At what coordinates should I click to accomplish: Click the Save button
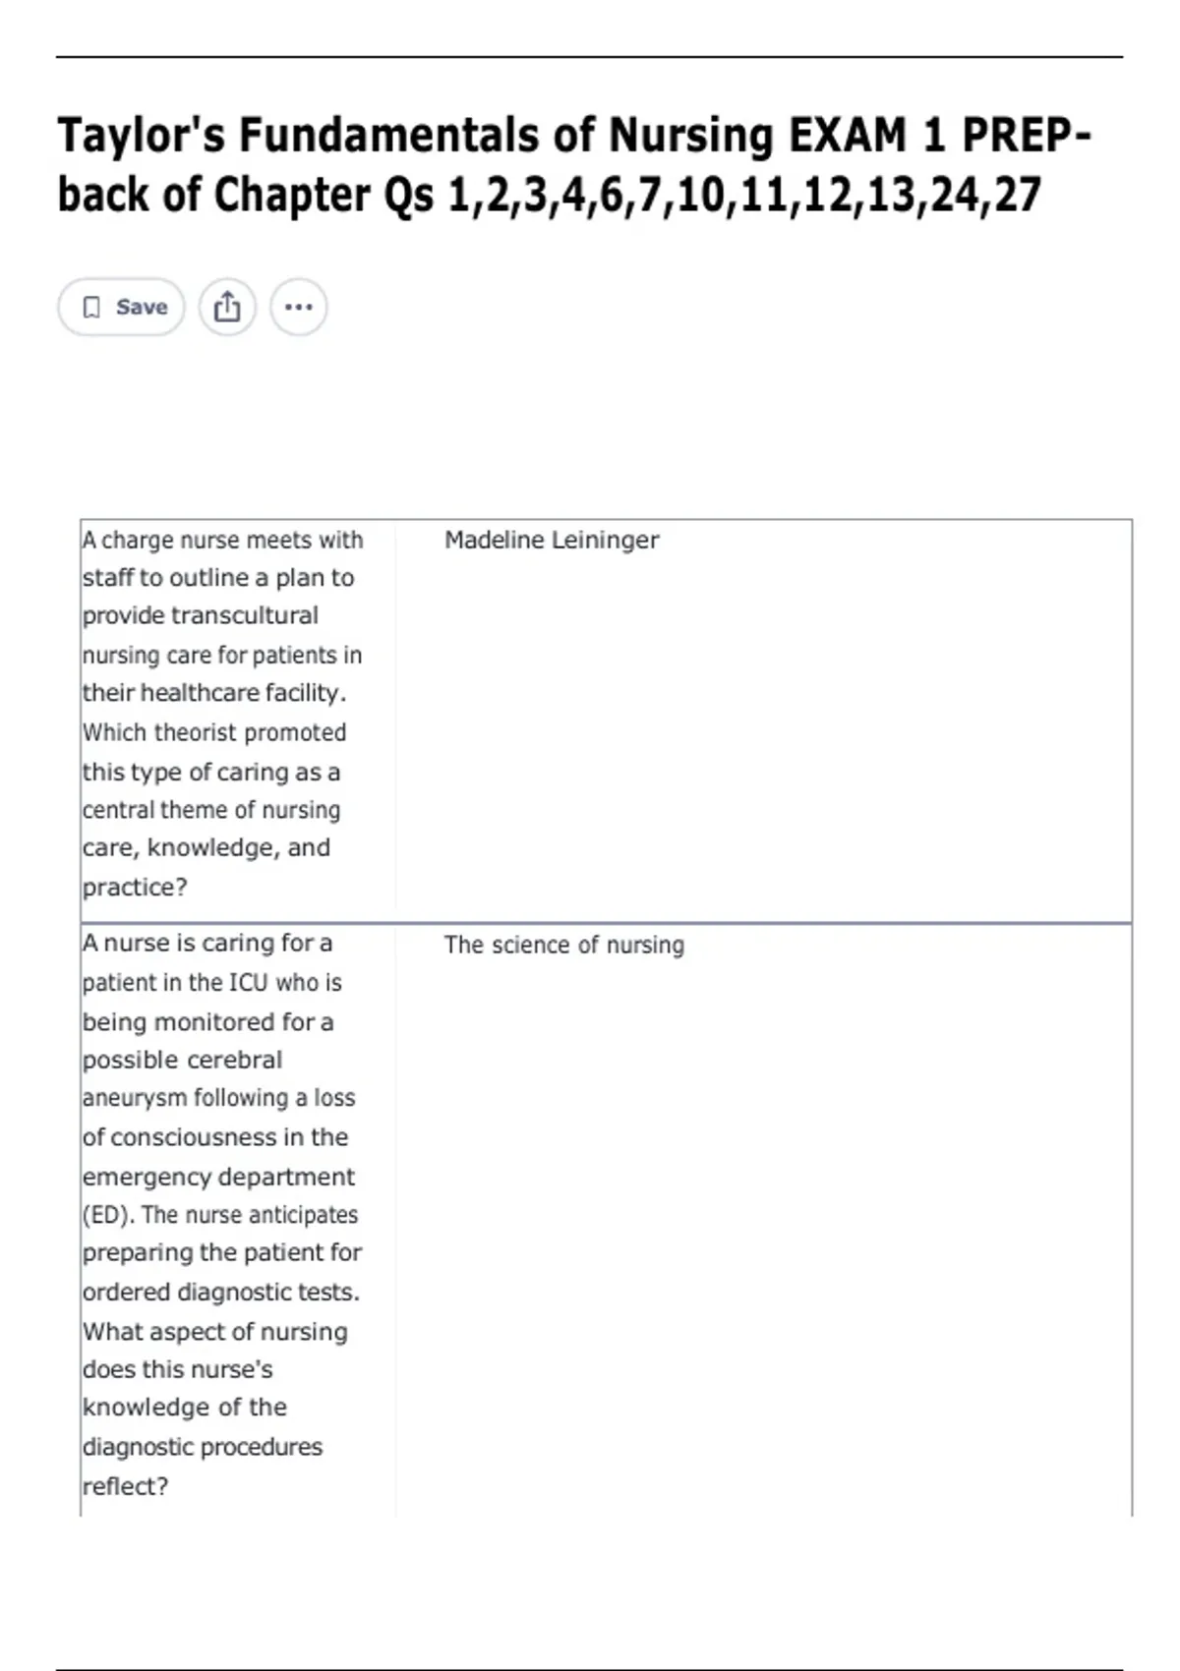[x=122, y=308]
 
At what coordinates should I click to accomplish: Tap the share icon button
[x=227, y=308]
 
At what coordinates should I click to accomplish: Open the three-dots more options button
[x=298, y=308]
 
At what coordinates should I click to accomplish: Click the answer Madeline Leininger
[x=551, y=540]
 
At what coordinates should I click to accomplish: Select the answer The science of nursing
[x=563, y=945]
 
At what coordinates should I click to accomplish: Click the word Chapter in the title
[x=292, y=195]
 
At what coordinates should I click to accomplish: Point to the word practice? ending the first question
[x=135, y=887]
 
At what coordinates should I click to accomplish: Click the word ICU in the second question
[x=248, y=982]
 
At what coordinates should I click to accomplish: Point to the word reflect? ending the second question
[x=125, y=1486]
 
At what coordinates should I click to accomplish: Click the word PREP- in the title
[x=1027, y=136]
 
